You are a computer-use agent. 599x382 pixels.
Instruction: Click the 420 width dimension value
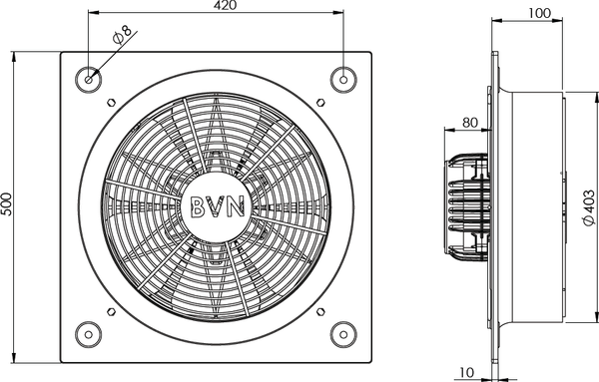pos(225,5)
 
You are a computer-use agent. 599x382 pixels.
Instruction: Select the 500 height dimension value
pos(7,204)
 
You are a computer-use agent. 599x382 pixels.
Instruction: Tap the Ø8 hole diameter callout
pos(122,35)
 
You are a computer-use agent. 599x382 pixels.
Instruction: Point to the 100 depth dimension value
pos(540,13)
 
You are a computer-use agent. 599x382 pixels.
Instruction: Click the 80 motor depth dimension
pos(470,123)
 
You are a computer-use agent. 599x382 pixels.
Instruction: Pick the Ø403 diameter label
pos(589,208)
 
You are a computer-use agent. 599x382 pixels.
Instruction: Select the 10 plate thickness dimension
pos(467,372)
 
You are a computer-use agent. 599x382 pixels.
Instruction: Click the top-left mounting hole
pos(89,80)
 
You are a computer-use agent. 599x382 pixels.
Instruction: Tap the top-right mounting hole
pos(343,80)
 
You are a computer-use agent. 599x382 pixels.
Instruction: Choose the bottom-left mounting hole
pos(89,335)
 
